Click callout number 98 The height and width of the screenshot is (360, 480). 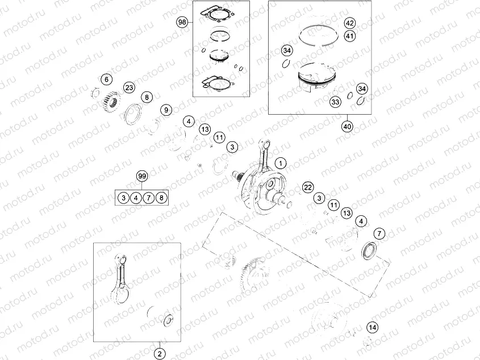point(182,22)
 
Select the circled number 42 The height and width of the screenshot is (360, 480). point(349,23)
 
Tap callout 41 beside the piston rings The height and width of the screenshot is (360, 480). point(349,36)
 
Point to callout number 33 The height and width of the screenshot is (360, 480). point(335,102)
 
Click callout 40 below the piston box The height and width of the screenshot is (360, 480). point(347,126)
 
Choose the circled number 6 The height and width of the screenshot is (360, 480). point(106,79)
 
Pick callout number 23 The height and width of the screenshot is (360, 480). point(129,87)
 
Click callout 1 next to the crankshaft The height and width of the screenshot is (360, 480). point(279,163)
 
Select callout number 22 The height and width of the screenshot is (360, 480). point(307,187)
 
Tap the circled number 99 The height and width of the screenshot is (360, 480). point(142,176)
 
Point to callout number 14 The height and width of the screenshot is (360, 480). point(372,327)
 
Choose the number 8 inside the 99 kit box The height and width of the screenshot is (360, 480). point(162,198)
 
